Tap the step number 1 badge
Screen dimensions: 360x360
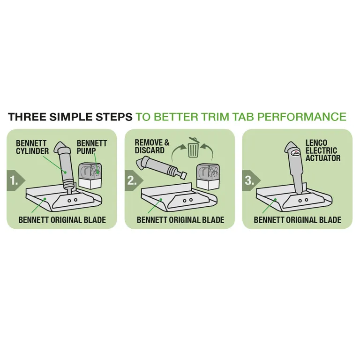pos(15,181)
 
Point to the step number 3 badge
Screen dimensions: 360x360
pos(251,181)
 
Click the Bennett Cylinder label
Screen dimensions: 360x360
pos(32,147)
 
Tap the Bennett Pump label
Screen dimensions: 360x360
pos(91,147)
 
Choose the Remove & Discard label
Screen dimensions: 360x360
pos(152,146)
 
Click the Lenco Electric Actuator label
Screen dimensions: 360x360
pos(323,150)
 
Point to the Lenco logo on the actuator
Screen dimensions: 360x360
pos(296,152)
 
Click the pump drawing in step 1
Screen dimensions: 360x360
pos(90,175)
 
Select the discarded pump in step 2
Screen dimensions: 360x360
pos(208,176)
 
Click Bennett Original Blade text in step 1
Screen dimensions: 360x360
pos(62,220)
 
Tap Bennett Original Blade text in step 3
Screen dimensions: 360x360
pos(297,220)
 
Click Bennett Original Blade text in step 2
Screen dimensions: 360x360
pos(180,220)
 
